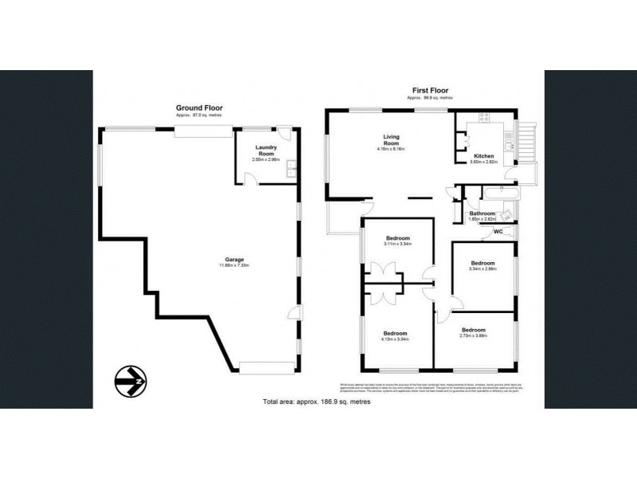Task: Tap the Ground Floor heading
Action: click(199, 108)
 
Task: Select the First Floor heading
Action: click(427, 90)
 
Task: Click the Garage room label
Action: click(233, 258)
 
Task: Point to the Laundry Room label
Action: click(265, 151)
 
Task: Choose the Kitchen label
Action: click(484, 155)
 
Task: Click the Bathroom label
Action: click(483, 214)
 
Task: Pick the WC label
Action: click(498, 233)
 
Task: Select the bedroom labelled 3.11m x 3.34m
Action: click(397, 239)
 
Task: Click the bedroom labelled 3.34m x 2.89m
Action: click(483, 263)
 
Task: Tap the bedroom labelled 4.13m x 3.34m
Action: click(396, 333)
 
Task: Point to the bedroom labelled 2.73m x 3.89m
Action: click(474, 330)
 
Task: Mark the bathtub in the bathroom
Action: click(498, 194)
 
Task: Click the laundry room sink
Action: click(291, 169)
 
